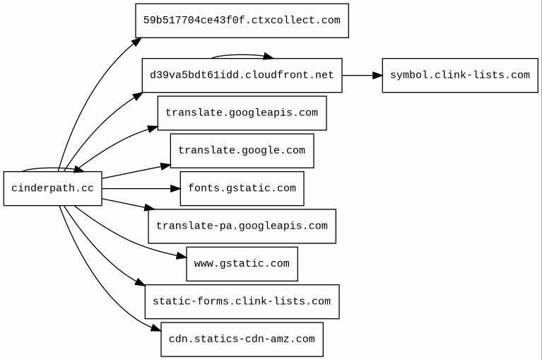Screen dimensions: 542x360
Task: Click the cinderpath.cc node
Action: pos(52,188)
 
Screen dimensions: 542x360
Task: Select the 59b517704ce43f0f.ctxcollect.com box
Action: pos(242,21)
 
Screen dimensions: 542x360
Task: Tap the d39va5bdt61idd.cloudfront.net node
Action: pos(242,76)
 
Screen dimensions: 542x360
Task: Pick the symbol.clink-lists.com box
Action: pos(460,76)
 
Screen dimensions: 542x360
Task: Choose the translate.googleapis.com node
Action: pos(242,113)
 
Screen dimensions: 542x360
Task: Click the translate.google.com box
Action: pos(242,151)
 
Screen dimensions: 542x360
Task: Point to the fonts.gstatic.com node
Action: pos(242,188)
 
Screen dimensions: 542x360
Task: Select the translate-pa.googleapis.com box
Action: pos(242,226)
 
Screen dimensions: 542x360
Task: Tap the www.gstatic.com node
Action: pos(242,264)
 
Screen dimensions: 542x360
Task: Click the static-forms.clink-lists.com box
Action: pos(242,301)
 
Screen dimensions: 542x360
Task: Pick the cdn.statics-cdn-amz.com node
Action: pos(242,339)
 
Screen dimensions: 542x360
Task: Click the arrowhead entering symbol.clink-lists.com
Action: pos(377,76)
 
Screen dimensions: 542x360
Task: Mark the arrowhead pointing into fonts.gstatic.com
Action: pos(175,188)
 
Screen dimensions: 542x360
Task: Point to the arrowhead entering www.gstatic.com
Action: pos(182,256)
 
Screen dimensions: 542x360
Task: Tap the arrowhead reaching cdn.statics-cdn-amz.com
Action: pos(157,327)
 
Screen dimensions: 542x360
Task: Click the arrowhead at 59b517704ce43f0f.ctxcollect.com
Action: pos(137,42)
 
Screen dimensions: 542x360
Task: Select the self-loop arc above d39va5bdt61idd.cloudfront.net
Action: pos(242,55)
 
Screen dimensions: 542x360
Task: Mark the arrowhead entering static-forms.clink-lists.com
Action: pos(141,281)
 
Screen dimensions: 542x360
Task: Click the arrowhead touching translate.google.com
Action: pos(166,166)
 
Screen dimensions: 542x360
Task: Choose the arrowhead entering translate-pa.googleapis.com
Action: pos(149,208)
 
